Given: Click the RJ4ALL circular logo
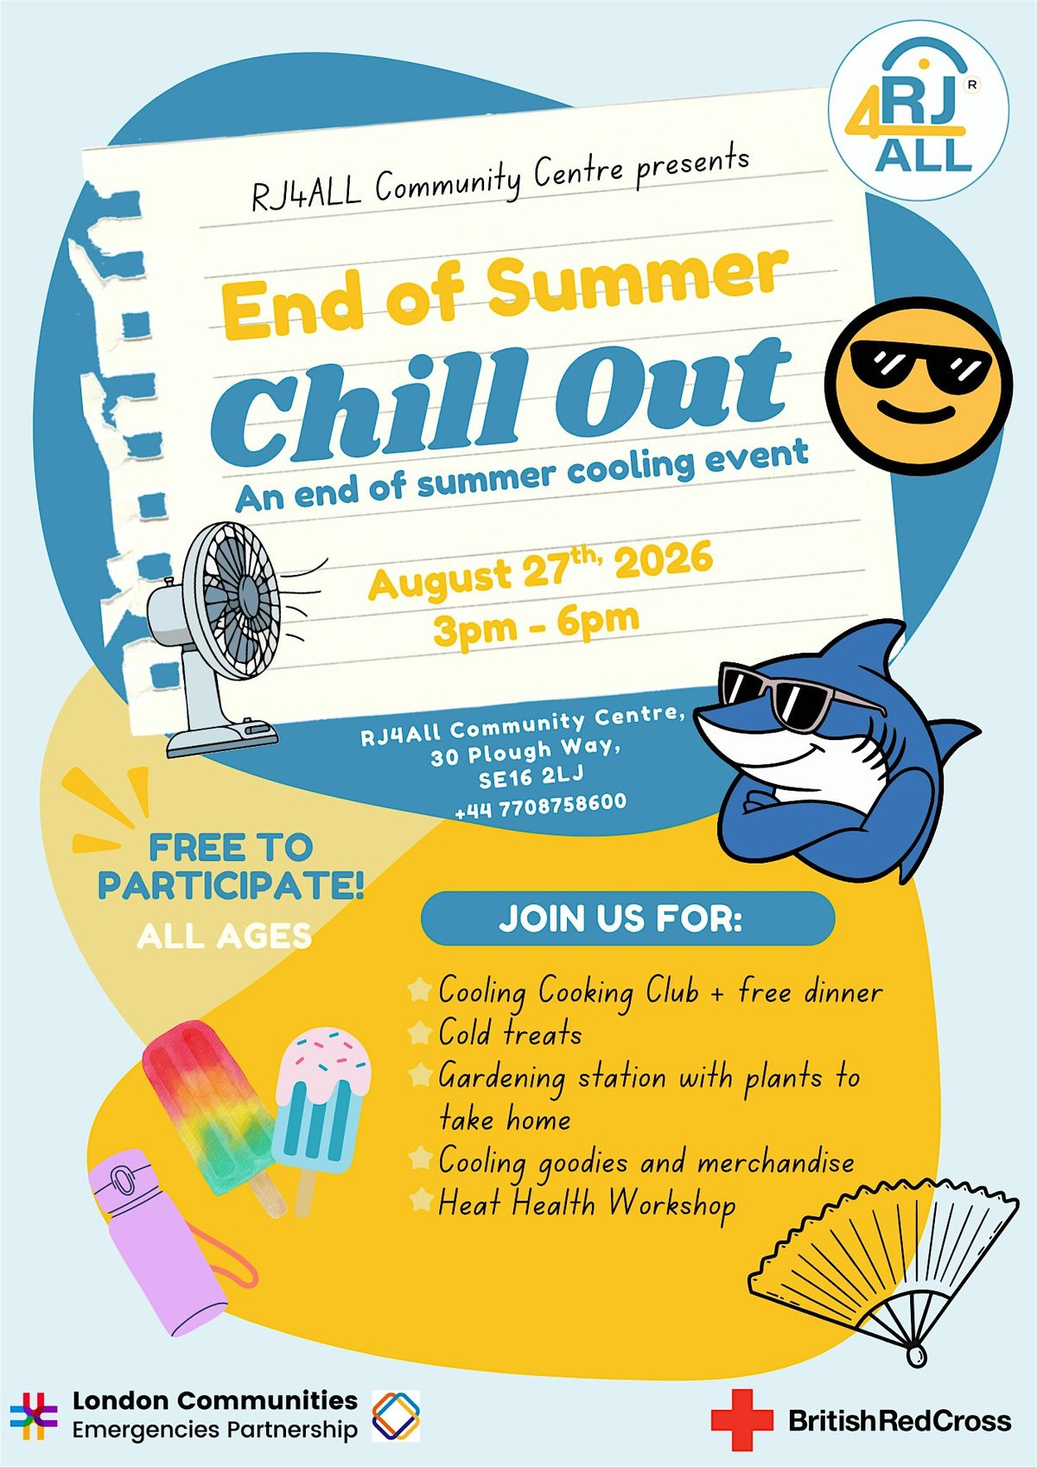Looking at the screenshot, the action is coord(918,111).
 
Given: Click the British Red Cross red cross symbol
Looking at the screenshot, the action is coord(741,1419).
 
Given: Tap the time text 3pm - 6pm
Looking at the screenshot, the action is coord(537,625).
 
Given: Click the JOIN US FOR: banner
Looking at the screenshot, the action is coord(628,918).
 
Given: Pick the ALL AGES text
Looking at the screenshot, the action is coord(224,936).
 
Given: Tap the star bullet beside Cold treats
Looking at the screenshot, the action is coord(419,1034).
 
